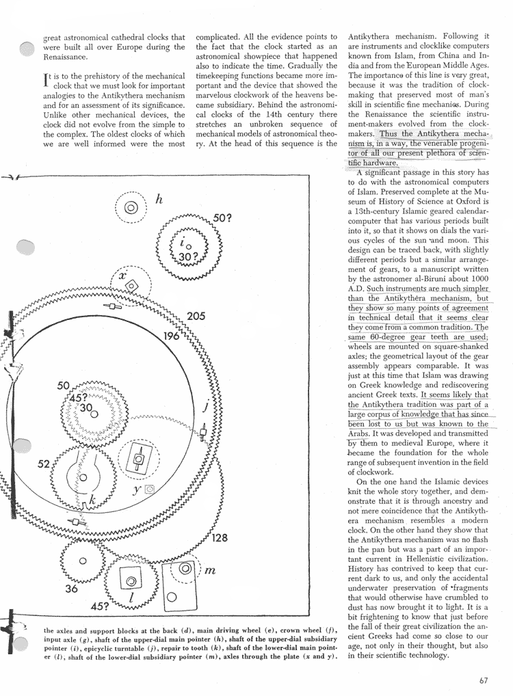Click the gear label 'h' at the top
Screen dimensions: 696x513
pyautogui.click(x=159, y=200)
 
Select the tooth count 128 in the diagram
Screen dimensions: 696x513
pyautogui.click(x=219, y=538)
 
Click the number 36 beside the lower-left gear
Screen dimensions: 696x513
pyautogui.click(x=71, y=586)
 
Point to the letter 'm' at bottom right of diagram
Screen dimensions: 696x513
pyautogui.click(x=211, y=570)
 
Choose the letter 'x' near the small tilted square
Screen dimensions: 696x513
pyautogui.click(x=123, y=276)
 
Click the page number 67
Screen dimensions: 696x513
pyautogui.click(x=484, y=680)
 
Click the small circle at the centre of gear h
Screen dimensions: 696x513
pyautogui.click(x=132, y=207)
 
